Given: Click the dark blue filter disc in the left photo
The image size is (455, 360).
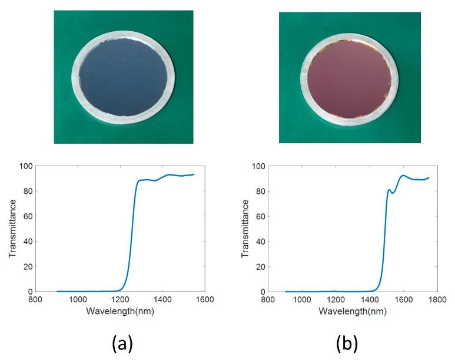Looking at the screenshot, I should (x=124, y=75).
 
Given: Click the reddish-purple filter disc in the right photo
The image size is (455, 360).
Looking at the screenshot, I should (x=350, y=76).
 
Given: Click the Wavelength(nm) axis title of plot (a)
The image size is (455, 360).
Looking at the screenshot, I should (x=120, y=310).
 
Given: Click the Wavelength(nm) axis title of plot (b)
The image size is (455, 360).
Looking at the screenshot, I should (x=353, y=310).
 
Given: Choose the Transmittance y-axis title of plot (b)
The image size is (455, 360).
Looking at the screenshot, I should (x=245, y=229).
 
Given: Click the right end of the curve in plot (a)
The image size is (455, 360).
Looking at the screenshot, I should (x=194, y=174).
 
